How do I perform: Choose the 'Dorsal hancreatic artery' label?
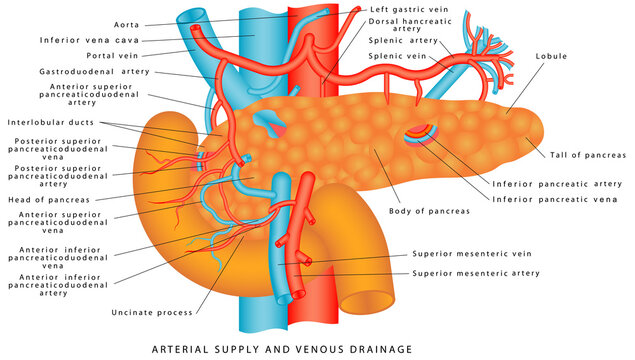coord(411,25)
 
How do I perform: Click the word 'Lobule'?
coord(553,56)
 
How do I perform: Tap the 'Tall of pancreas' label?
coord(588,155)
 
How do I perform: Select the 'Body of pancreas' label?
coord(427,211)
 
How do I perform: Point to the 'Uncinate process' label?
coord(153,313)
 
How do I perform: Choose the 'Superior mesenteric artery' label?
coord(476,272)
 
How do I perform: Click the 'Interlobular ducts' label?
coord(51,122)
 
